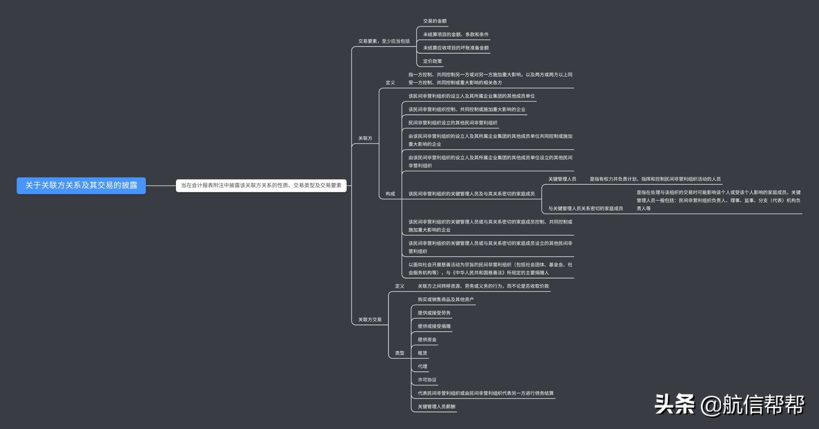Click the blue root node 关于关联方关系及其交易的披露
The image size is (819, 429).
[x=81, y=186]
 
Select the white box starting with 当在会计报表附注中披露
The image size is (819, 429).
[x=261, y=186]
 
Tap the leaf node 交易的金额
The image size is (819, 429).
[x=435, y=21]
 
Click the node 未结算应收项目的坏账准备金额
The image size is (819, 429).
[x=456, y=48]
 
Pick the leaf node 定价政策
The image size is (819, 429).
[x=432, y=61]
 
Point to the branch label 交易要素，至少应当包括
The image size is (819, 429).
[x=384, y=41]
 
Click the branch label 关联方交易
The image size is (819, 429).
[x=369, y=320]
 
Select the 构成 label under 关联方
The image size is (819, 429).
[x=390, y=194]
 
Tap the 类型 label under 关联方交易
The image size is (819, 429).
[x=399, y=353]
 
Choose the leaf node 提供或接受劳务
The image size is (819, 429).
[x=434, y=313]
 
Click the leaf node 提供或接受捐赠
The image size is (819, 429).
[x=434, y=327]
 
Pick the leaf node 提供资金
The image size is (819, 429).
[x=427, y=340]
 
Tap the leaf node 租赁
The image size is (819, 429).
[x=422, y=353]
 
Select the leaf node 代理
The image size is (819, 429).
[x=422, y=367]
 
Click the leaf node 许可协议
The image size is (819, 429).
[x=427, y=380]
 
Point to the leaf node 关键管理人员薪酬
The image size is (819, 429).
[x=436, y=407]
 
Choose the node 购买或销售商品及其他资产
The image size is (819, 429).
[x=445, y=300]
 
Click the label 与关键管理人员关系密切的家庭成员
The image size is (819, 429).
[x=585, y=209]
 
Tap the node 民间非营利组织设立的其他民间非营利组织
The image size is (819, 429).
[x=452, y=123]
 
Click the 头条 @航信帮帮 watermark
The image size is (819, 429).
[x=729, y=405]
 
